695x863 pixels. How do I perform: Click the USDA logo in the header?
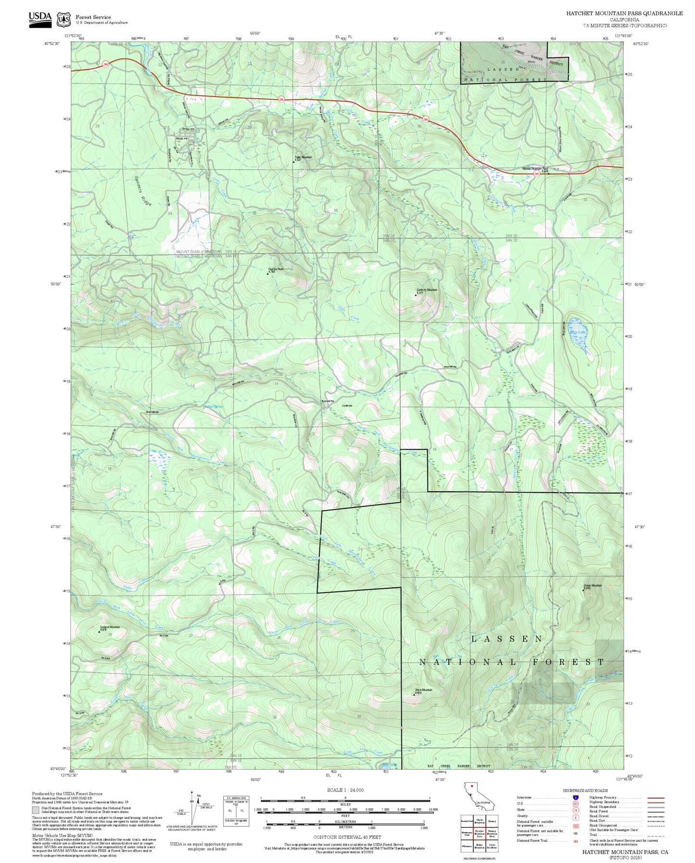tap(40, 19)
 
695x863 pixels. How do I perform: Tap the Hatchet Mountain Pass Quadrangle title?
tap(624, 13)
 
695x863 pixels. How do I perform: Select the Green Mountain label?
tap(592, 586)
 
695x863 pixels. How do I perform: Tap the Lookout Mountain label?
tap(110, 628)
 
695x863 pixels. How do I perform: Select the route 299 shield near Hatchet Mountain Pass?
tap(536, 174)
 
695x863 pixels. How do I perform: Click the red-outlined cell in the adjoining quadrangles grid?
tap(479, 833)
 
